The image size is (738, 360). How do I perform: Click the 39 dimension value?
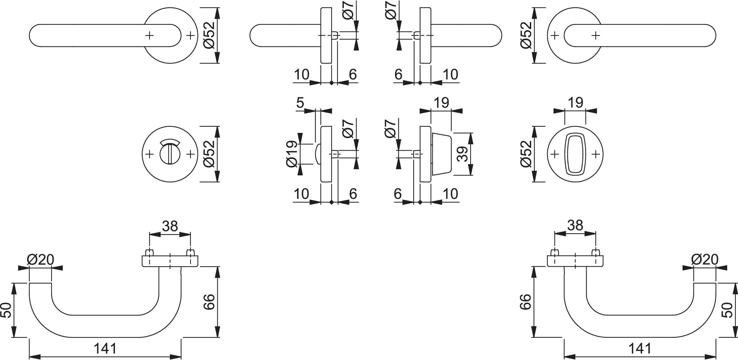coord(462,154)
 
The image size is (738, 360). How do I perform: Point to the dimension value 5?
coord(300,103)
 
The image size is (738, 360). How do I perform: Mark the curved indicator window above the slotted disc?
coord(170,142)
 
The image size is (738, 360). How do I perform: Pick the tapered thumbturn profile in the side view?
coord(441,154)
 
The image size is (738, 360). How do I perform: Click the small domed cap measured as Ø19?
coord(317,154)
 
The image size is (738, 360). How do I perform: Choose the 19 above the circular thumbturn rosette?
coord(575,102)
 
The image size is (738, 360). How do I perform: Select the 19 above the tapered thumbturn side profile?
coord(441,102)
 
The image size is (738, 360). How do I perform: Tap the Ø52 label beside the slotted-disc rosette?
coord(209,154)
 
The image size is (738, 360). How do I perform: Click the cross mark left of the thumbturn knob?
coord(555,154)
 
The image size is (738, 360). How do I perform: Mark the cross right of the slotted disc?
coord(191,154)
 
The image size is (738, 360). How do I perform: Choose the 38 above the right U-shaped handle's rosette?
coord(575,226)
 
